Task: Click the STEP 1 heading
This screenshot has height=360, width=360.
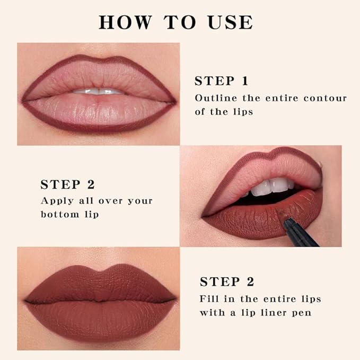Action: pyautogui.click(x=221, y=81)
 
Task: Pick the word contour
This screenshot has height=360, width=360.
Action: pyautogui.click(x=326, y=98)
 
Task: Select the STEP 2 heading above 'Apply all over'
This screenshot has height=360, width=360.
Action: pyautogui.click(x=67, y=185)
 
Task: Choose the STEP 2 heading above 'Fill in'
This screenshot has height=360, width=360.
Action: pyautogui.click(x=226, y=282)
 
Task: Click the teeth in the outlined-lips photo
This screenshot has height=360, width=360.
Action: pyautogui.click(x=98, y=91)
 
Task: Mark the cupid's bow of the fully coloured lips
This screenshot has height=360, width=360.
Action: pyautogui.click(x=99, y=270)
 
